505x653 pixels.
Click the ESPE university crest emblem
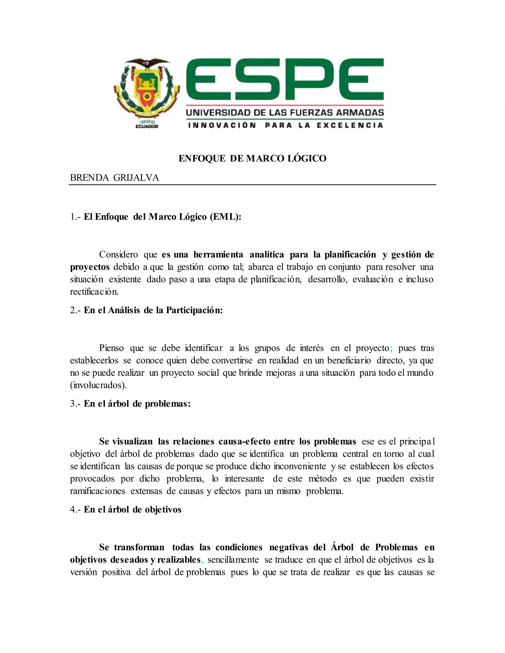click(x=147, y=90)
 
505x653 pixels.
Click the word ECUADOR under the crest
click(x=147, y=126)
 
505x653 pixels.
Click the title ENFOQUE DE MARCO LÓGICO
click(x=252, y=158)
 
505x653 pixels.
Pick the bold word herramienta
click(x=218, y=255)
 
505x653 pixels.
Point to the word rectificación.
click(x=94, y=292)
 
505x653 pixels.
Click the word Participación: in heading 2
click(x=195, y=310)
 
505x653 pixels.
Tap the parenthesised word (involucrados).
click(x=98, y=385)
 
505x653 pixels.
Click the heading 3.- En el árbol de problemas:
click(x=130, y=404)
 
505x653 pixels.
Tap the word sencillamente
click(x=233, y=560)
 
